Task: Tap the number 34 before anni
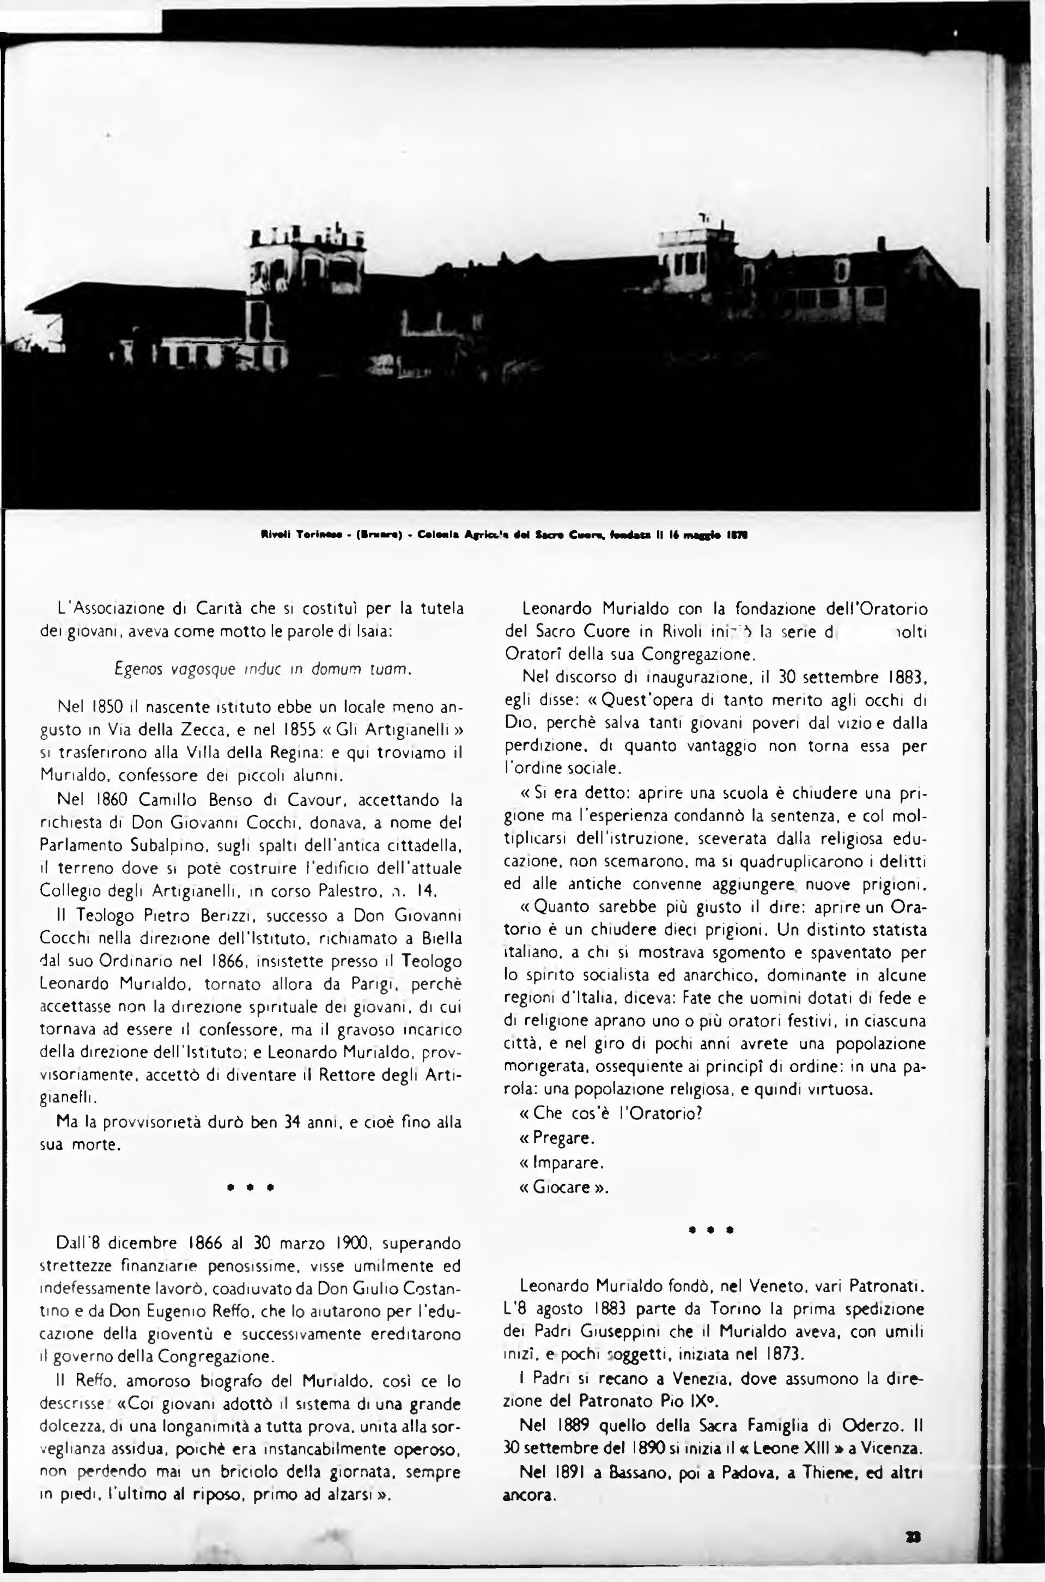293,1122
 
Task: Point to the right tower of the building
693,253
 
